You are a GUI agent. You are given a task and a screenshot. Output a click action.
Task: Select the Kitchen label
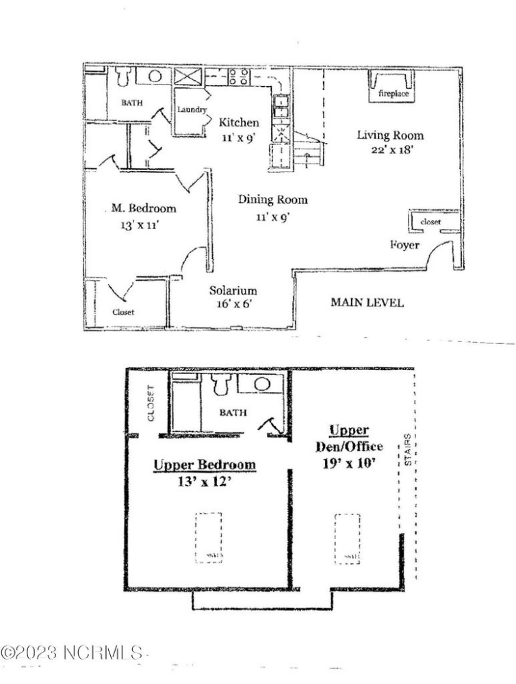coord(239,123)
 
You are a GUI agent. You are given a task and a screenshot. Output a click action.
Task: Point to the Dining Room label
coord(272,200)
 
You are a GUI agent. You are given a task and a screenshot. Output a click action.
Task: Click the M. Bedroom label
coord(144,209)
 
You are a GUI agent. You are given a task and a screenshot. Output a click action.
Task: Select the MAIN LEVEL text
coord(367,302)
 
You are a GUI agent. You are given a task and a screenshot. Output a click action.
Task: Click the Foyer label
coord(404,245)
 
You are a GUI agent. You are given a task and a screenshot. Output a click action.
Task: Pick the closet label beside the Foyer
coord(431,222)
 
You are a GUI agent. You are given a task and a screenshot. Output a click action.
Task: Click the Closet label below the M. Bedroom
coord(123,312)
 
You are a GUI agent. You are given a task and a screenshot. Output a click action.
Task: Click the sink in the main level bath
coord(155,76)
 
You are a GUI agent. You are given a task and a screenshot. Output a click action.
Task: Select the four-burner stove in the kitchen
coord(238,76)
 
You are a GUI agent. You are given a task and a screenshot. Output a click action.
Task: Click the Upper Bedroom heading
coord(205,465)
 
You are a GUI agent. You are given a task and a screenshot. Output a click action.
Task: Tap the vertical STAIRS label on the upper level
coord(409,452)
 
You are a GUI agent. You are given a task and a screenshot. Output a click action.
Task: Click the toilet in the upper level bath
coord(220,385)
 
